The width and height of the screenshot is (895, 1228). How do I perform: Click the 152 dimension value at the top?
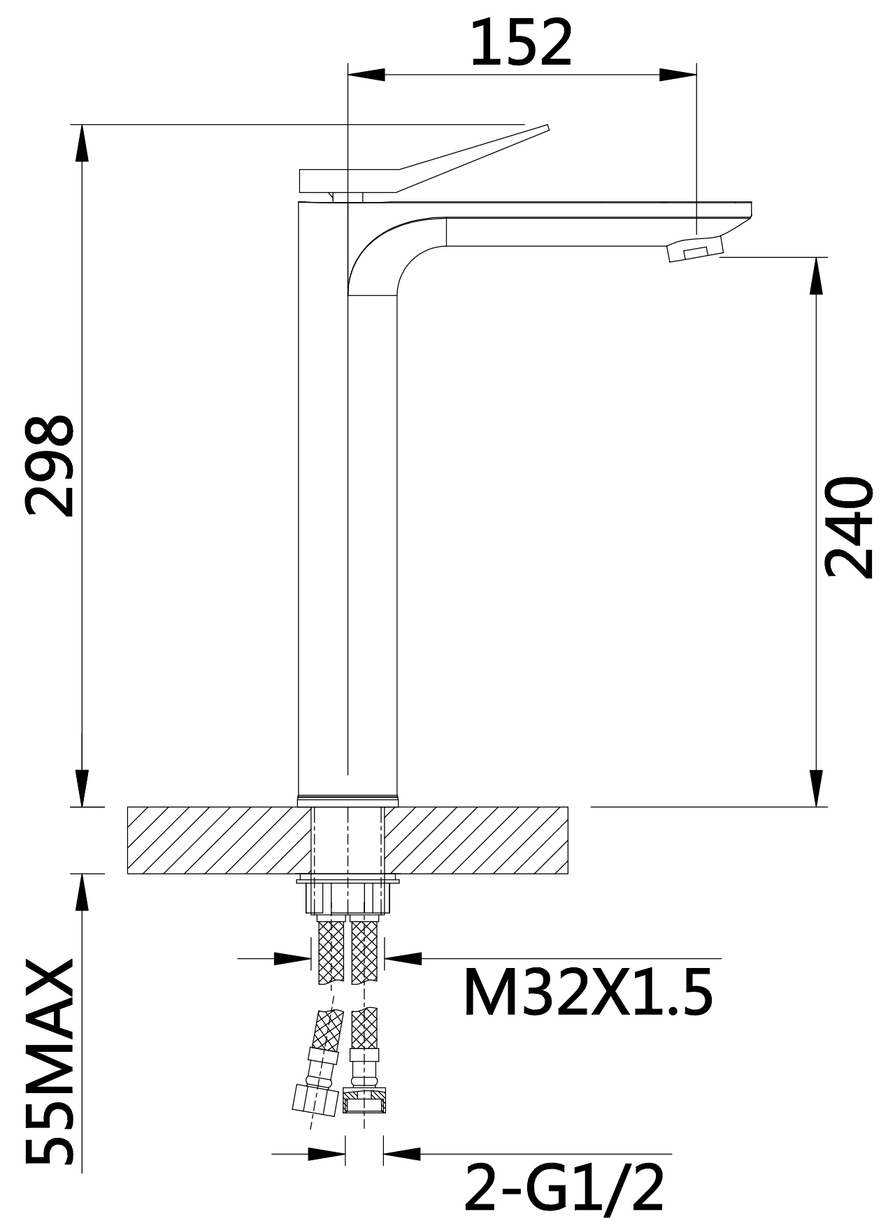521,43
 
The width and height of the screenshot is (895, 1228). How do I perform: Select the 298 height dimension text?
49,466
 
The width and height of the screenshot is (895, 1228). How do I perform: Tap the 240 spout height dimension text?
849,528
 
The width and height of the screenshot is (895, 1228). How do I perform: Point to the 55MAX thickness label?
49,1062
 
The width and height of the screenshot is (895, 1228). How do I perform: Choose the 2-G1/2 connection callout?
564,1189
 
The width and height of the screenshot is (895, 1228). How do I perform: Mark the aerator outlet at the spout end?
694,250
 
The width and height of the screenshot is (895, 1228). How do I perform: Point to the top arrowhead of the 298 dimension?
82,143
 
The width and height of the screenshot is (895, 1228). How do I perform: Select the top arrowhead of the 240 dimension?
816,276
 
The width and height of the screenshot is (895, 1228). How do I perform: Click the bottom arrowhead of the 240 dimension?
816,788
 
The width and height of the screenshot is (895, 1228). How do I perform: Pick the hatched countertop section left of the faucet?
217,840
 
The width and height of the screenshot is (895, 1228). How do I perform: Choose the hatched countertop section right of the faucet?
475,840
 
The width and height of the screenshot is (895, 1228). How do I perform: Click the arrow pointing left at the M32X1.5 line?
403,958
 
